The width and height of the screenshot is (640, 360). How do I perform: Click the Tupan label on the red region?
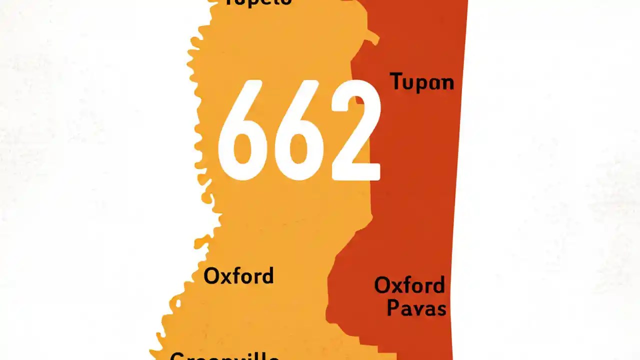click(421, 82)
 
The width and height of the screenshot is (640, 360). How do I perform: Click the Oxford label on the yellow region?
click(238, 276)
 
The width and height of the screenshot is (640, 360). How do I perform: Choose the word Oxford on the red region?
click(409, 285)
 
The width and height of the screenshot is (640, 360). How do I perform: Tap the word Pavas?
click(416, 308)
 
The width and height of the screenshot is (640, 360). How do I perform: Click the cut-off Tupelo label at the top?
click(257, 2)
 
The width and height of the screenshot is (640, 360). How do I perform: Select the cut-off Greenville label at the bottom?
click(224, 356)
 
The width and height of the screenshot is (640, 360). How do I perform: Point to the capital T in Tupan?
click(396, 81)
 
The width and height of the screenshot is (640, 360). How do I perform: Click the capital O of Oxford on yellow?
click(212, 276)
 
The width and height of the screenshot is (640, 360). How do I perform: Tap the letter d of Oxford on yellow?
click(267, 275)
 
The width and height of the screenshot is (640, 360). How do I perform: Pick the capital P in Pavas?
click(393, 308)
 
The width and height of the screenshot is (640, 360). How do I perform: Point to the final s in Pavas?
click(440, 309)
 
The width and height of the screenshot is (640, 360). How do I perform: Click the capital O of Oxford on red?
click(383, 285)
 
